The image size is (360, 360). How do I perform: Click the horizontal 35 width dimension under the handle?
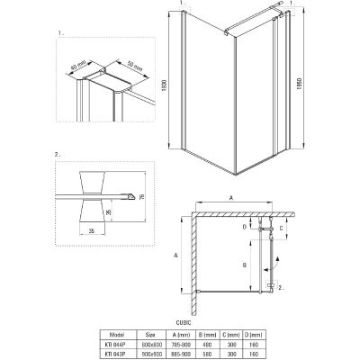click(93, 231)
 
